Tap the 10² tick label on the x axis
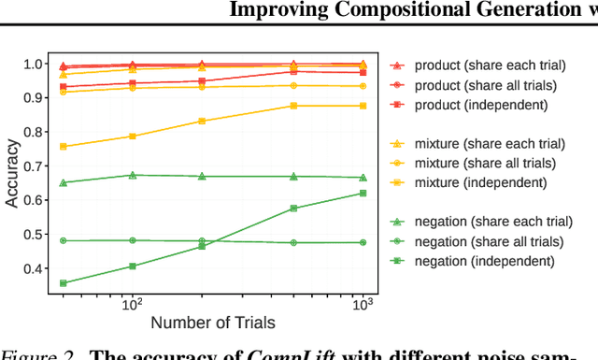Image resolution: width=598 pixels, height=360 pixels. click(133, 303)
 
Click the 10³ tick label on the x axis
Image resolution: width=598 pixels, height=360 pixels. click(364, 303)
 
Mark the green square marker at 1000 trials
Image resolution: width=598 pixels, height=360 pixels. click(363, 194)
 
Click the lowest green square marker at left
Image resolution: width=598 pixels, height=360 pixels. click(63, 283)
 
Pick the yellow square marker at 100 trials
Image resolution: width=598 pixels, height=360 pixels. click(132, 137)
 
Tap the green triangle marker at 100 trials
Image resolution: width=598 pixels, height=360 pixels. click(132, 175)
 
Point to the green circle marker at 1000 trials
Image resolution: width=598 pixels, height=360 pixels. click(363, 242)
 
